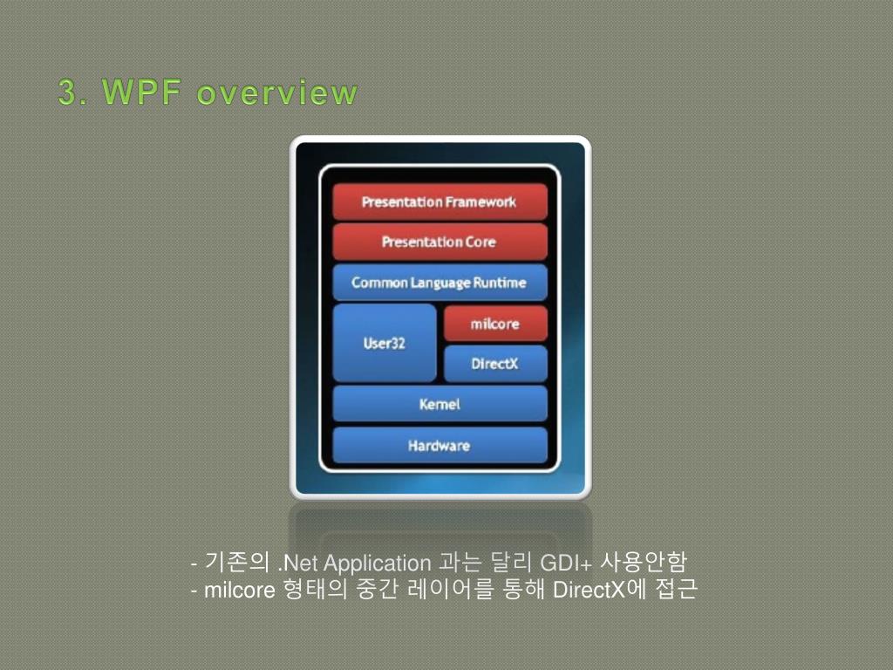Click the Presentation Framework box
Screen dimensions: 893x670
coord(440,202)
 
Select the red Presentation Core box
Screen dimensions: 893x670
coord(440,242)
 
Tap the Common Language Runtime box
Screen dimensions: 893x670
coord(440,283)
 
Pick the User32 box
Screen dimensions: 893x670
coord(385,343)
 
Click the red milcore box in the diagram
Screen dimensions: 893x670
coord(495,324)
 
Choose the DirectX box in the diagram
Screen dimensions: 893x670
coord(495,364)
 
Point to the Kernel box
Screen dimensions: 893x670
coord(440,404)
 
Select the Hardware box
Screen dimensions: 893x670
coord(440,446)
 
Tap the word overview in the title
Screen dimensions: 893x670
coord(276,92)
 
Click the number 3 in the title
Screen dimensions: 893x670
coord(67,92)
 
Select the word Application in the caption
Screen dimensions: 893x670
coord(377,563)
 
